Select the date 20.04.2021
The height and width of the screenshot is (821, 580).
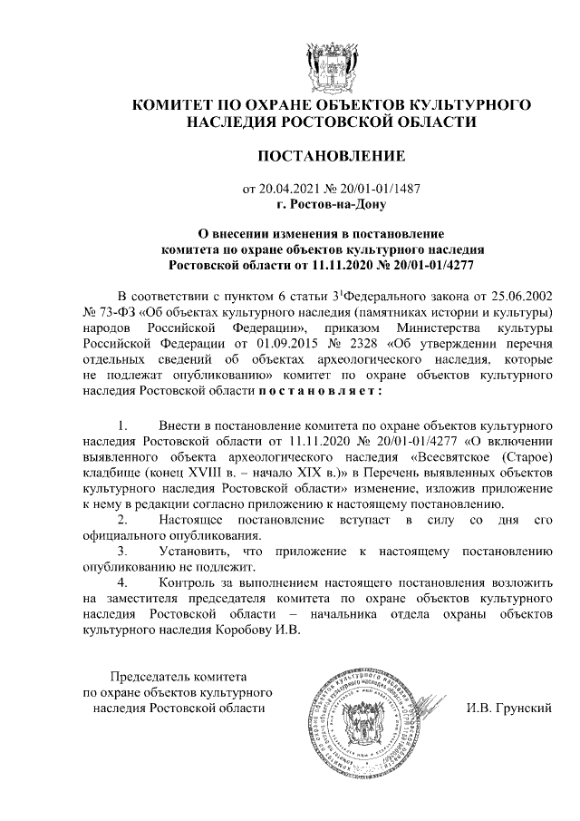point(289,190)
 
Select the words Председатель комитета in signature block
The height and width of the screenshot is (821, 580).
point(179,677)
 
